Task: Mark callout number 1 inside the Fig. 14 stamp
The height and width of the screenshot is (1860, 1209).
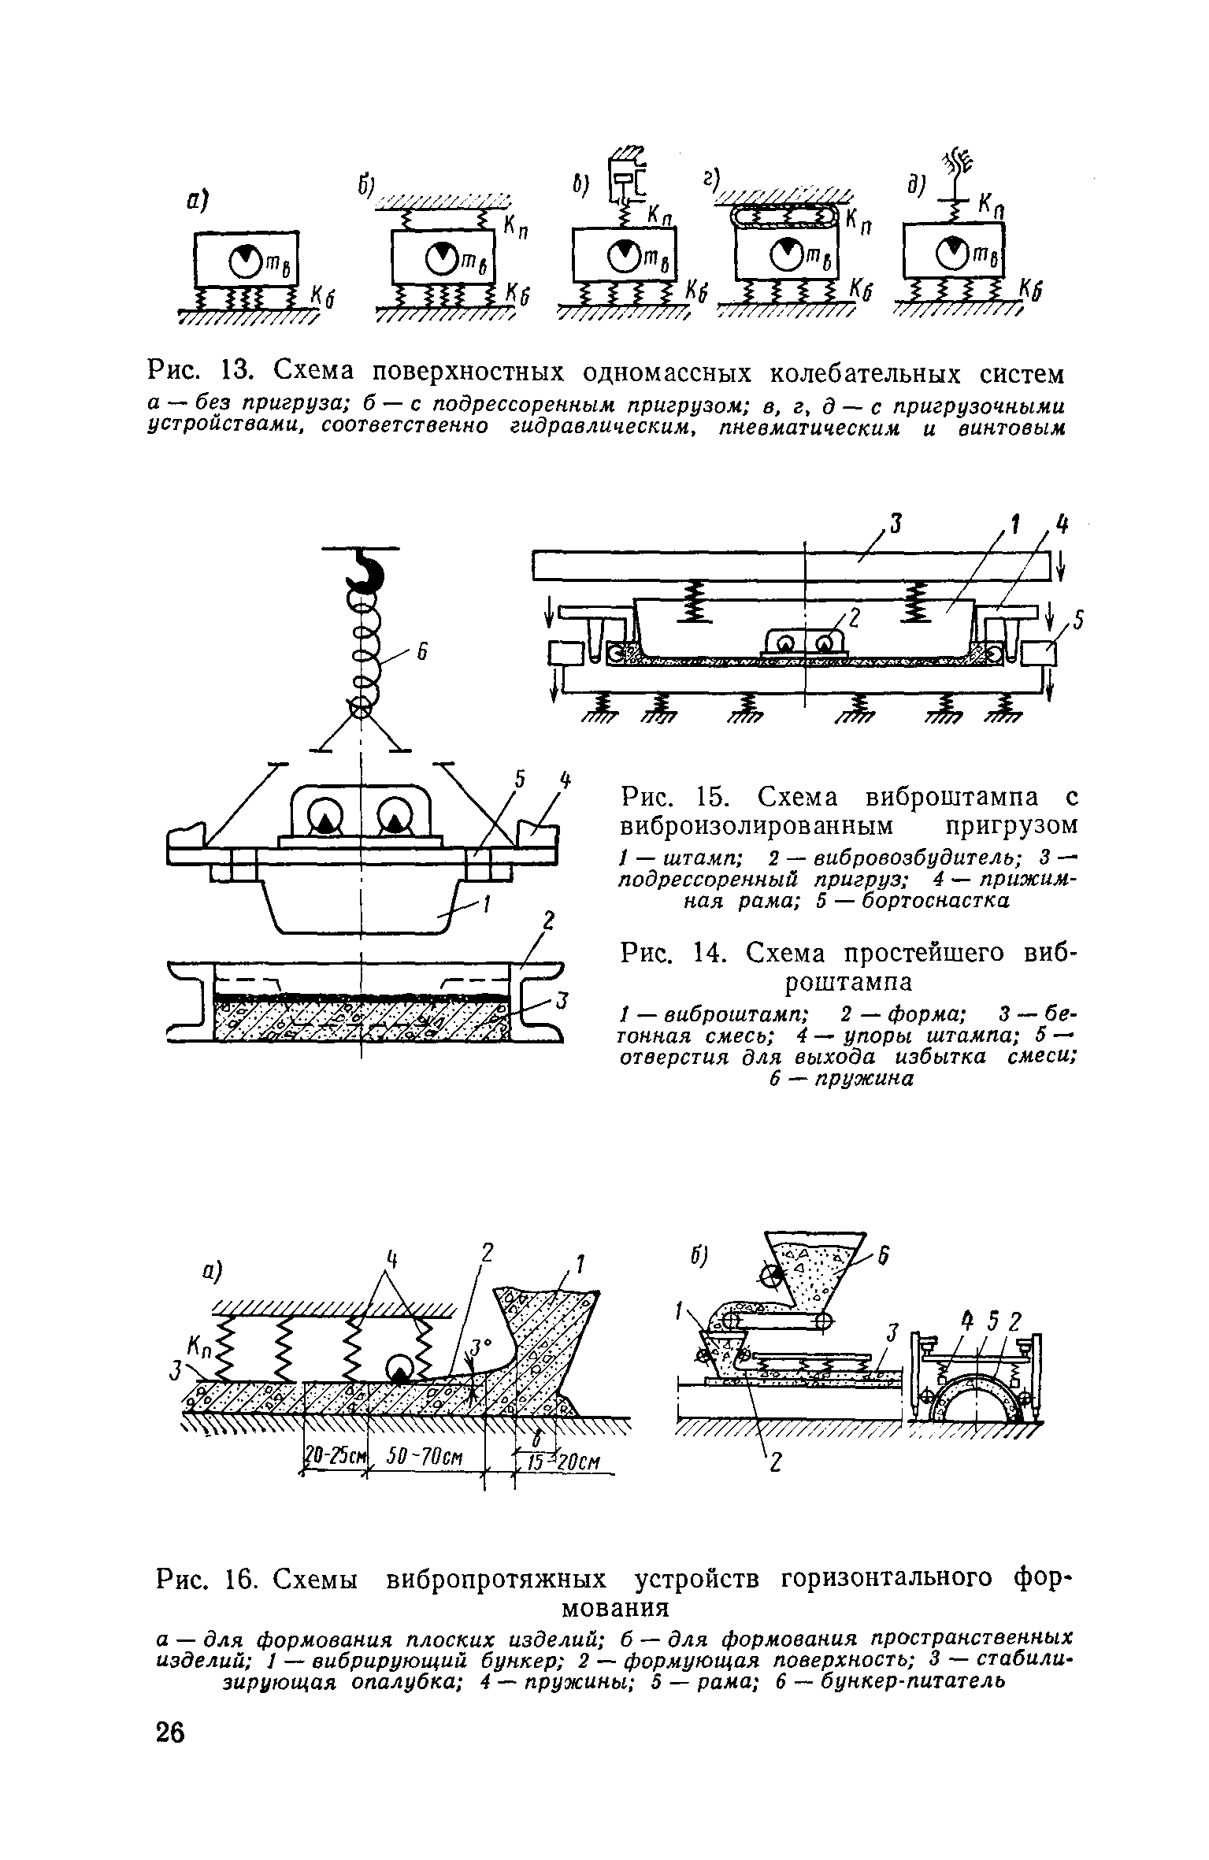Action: [x=485, y=906]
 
